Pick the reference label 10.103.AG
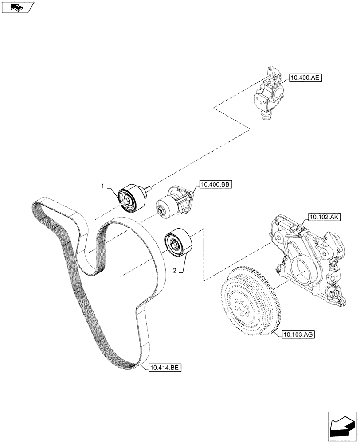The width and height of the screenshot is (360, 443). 297,335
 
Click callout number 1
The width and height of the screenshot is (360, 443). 102,187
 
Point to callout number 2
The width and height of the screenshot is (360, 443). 174,270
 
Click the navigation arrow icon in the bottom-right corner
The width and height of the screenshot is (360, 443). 342,425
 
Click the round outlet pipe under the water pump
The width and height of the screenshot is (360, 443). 266,116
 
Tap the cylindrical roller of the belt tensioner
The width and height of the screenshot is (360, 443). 167,208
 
